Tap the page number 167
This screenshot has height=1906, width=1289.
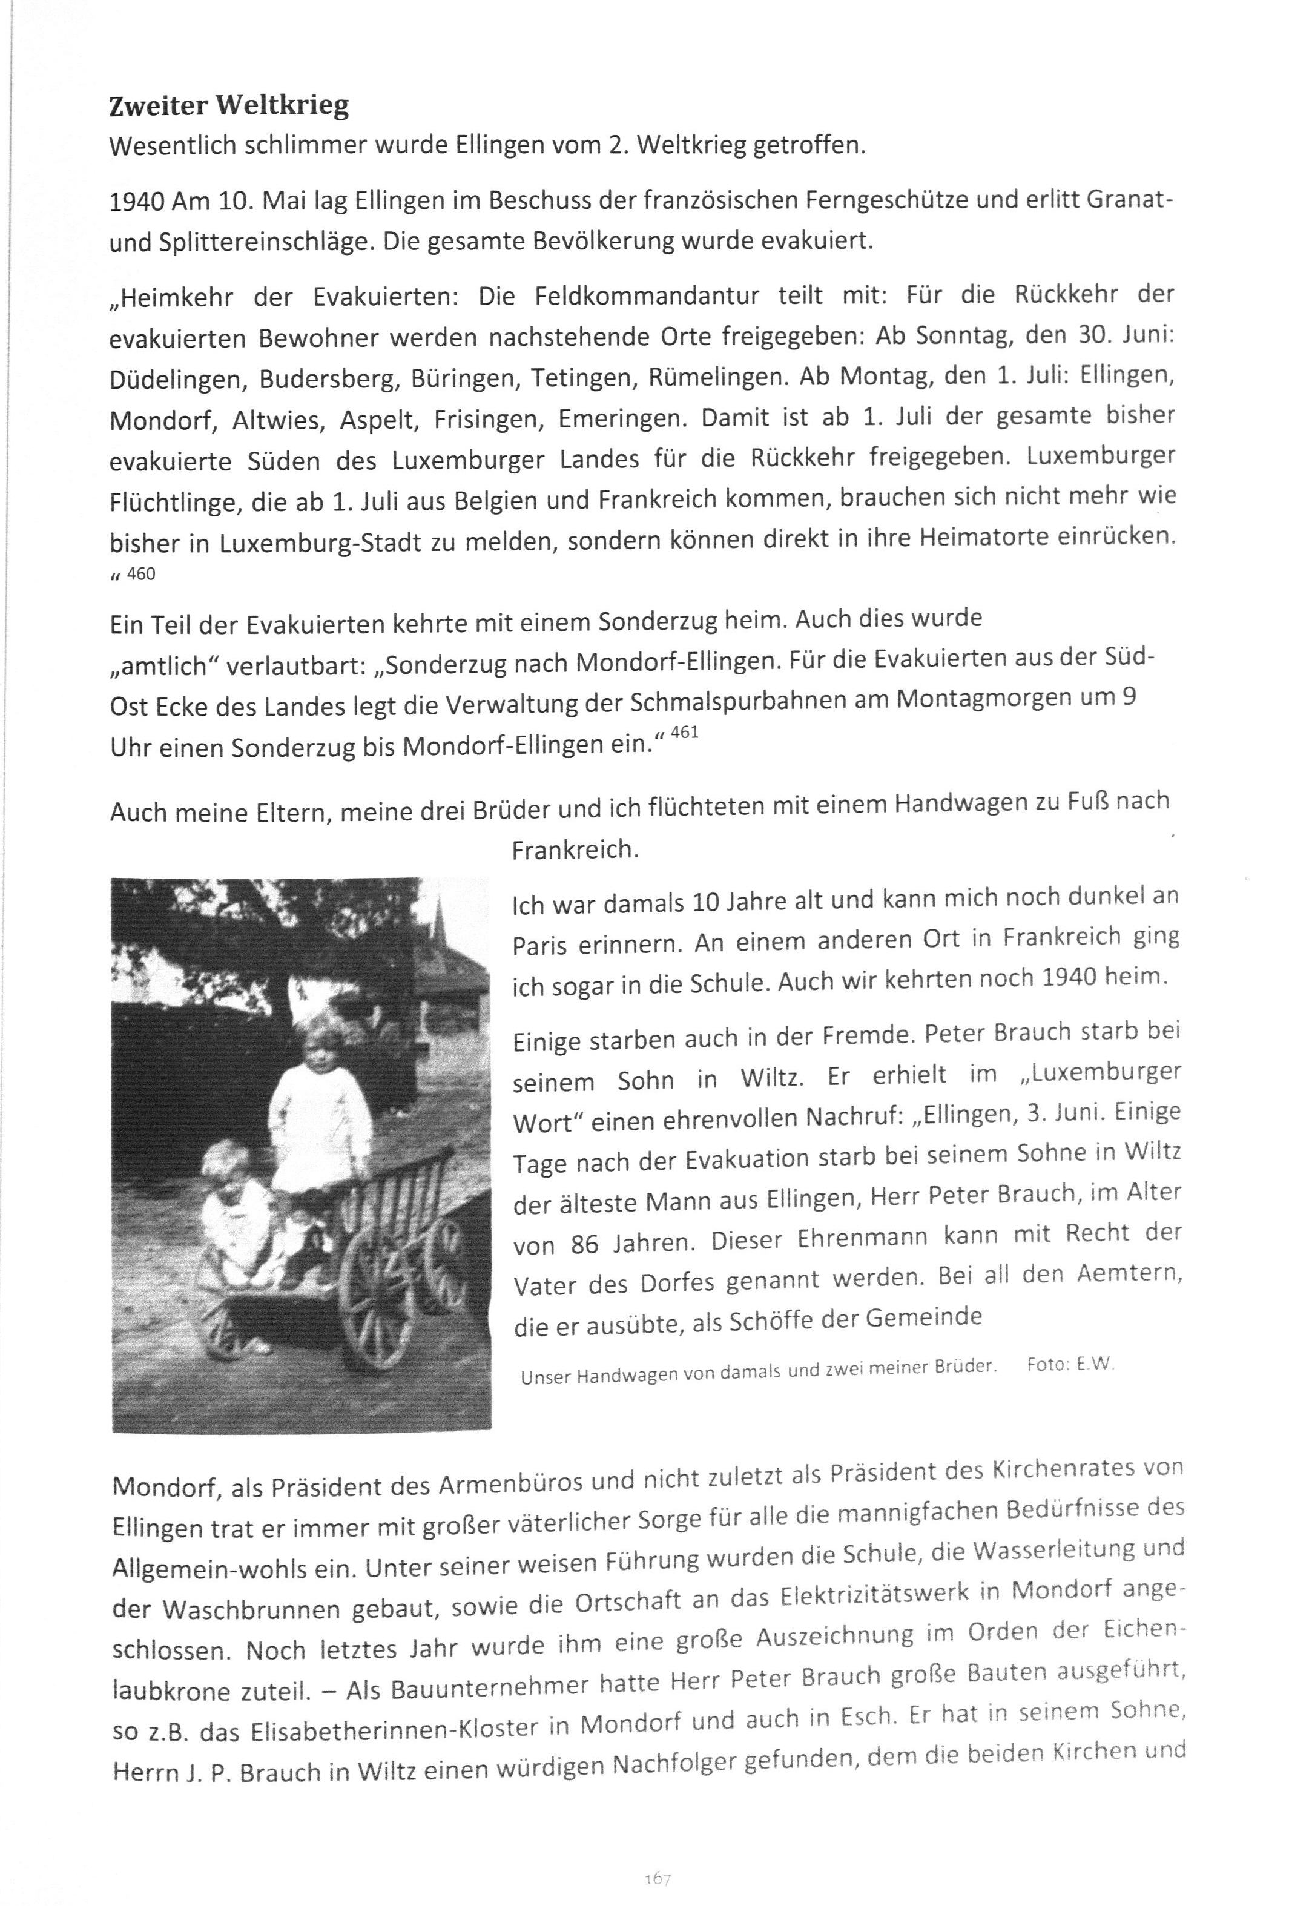(658, 1856)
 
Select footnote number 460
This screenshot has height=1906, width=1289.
(141, 574)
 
